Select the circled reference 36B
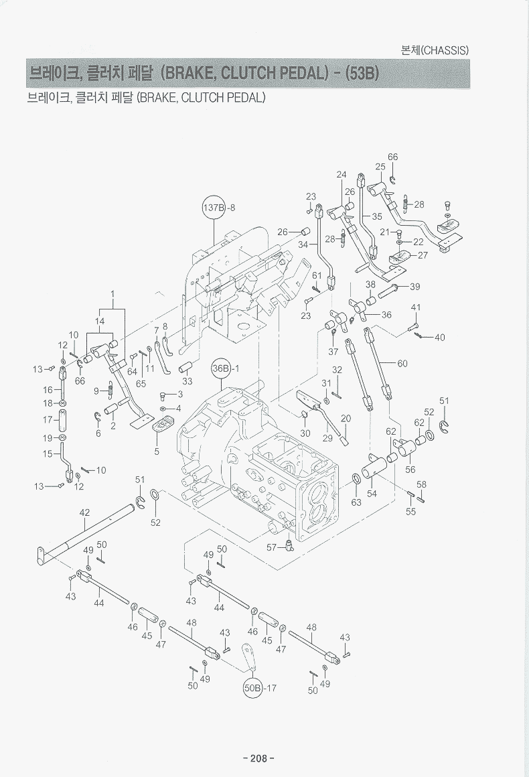pos(221,368)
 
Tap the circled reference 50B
pos(254,688)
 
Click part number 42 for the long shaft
pos(84,512)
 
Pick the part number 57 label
pos(271,547)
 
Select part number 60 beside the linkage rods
pos(402,364)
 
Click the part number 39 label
pos(414,287)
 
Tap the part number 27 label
pos(423,255)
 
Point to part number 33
pos(187,381)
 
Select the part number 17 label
pos(48,420)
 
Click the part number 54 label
pos(372,494)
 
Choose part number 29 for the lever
pos(327,438)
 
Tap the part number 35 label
pos(376,216)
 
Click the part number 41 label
pos(416,307)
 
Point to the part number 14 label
pos(100,321)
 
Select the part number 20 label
pos(346,419)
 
